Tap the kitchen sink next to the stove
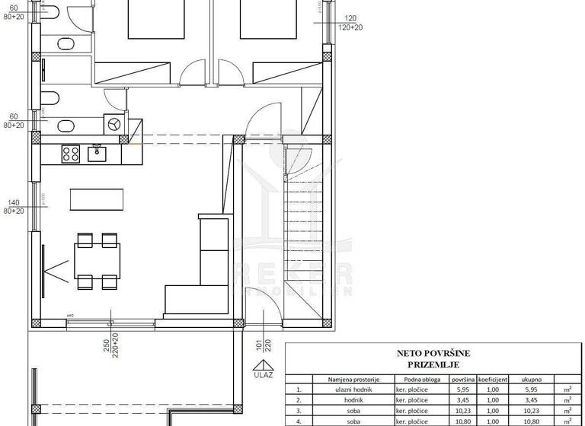click(x=97, y=153)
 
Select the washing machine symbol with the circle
click(x=114, y=124)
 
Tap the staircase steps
click(x=303, y=228)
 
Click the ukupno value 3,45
click(x=531, y=399)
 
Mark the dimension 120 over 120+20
click(x=351, y=21)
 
